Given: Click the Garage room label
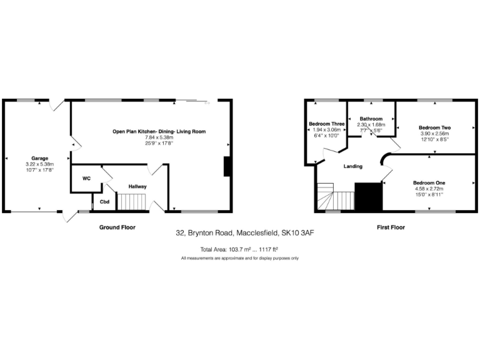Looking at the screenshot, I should (39, 158).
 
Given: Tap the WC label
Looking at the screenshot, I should (86, 179).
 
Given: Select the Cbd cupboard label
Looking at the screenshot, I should (104, 202).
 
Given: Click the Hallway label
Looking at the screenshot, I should (137, 186).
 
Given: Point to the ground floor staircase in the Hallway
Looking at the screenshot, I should (132, 202).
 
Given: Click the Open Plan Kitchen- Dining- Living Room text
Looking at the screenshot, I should (159, 131).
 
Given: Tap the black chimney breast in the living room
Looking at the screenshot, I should (228, 166).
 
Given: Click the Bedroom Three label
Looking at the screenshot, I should (326, 124).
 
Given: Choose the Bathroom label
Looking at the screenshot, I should (371, 119).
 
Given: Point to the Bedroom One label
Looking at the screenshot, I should (428, 182).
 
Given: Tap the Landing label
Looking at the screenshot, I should (354, 166).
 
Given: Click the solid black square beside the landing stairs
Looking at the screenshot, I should (368, 197).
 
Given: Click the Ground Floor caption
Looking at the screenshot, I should (117, 227).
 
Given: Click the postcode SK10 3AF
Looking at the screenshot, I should (296, 233).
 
